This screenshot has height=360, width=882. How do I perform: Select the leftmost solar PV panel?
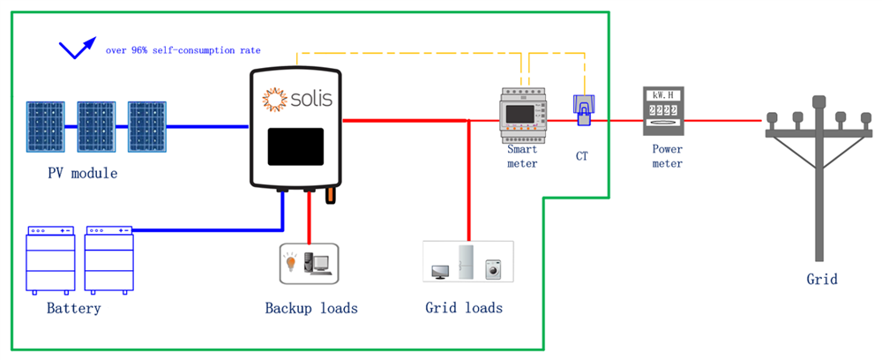point(44,127)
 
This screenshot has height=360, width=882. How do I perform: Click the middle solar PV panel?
point(95,127)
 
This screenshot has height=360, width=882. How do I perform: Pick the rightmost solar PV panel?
point(146,127)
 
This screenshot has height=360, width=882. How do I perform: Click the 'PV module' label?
point(83,173)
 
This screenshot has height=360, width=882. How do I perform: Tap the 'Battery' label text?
point(73,309)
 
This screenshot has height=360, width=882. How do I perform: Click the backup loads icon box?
point(309,263)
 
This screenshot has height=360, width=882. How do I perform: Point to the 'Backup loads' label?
point(311,309)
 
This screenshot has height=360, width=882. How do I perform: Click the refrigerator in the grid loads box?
point(466,262)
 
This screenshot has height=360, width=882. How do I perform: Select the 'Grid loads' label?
point(464,308)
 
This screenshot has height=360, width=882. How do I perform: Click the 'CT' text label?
point(581,156)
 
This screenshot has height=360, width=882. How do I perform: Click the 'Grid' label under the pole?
point(821,280)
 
